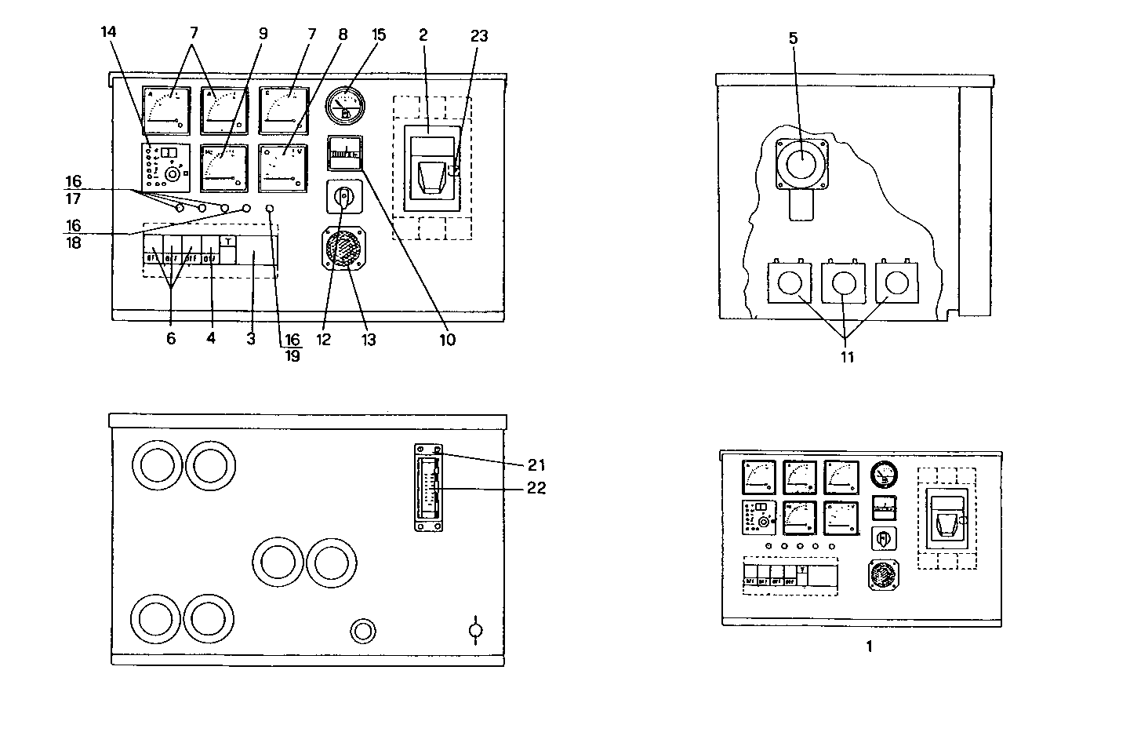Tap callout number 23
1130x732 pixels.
point(478,35)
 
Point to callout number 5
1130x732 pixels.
point(794,38)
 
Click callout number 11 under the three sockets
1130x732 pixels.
point(847,357)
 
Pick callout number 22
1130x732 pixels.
point(536,488)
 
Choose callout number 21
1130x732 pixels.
point(536,465)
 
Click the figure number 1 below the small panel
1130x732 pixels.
point(869,647)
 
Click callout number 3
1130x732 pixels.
point(251,339)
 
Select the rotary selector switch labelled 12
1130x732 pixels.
point(343,199)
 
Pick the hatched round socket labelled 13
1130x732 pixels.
point(343,248)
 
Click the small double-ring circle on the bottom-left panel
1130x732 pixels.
point(362,630)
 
